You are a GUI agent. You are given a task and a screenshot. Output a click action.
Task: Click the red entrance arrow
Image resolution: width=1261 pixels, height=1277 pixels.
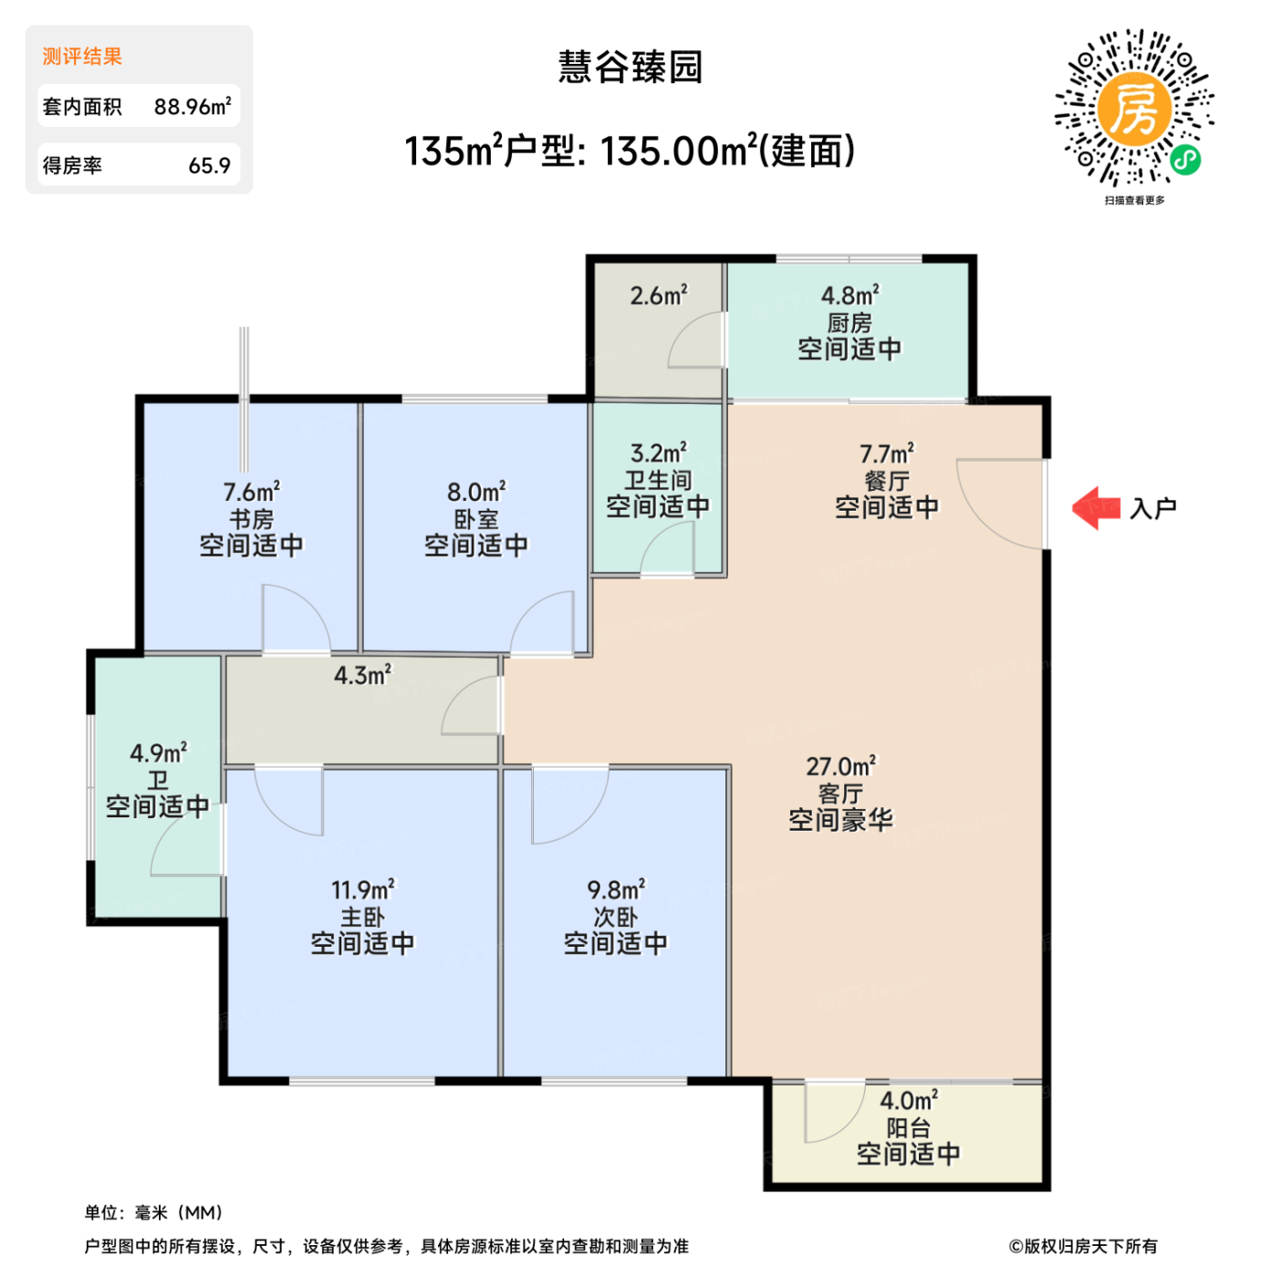[1095, 508]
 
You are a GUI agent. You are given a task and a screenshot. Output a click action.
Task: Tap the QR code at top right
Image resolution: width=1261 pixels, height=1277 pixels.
[1134, 109]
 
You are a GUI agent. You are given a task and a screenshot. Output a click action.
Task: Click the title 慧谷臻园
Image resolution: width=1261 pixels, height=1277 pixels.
[630, 67]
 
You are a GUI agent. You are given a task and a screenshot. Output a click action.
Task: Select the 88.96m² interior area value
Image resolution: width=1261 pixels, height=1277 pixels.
[192, 107]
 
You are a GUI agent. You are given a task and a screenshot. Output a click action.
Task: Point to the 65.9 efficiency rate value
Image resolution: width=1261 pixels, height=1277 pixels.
[209, 166]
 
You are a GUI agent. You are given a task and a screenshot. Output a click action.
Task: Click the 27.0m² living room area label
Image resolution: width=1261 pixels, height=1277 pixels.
[840, 766]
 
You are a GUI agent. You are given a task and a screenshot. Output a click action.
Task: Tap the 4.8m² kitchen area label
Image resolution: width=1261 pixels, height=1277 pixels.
[849, 296]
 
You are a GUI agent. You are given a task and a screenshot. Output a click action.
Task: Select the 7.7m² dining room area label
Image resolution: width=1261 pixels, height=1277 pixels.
[886, 453]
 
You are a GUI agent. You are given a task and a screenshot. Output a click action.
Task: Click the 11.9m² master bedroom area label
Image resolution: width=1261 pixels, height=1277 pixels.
[362, 889]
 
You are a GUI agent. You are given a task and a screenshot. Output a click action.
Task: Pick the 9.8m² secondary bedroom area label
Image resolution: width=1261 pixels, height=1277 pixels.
[616, 889]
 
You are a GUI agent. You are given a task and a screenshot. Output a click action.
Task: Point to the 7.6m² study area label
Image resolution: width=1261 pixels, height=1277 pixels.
[251, 493]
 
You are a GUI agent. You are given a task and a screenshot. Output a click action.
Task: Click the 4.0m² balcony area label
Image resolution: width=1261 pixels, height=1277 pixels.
[908, 1101]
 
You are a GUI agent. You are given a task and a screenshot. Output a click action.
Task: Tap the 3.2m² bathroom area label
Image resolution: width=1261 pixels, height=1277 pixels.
[658, 453]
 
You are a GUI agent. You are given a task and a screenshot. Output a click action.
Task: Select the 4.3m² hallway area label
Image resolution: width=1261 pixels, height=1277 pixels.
[362, 675]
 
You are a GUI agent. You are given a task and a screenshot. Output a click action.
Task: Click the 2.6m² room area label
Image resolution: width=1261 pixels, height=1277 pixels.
[658, 296]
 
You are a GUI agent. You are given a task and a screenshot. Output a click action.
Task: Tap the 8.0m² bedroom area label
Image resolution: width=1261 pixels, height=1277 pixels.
[475, 493]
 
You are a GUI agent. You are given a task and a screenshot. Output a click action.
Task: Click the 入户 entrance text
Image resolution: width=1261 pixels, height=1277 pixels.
[1153, 508]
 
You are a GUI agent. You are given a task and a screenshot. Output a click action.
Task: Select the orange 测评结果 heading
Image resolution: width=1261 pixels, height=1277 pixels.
[82, 57]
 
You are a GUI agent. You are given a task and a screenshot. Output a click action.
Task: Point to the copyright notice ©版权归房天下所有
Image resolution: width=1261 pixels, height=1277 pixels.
[1082, 1246]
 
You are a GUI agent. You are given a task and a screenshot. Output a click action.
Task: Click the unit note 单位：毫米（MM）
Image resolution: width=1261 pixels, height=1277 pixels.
[153, 1212]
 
